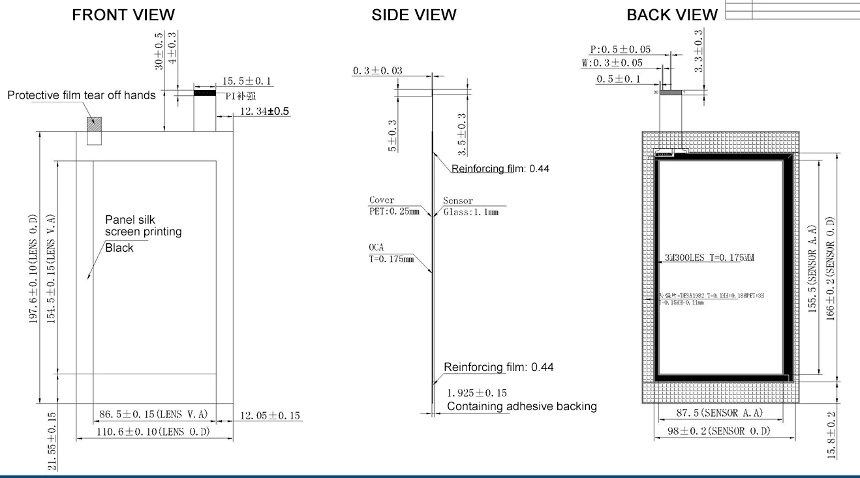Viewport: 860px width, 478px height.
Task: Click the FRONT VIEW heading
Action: [x=123, y=14]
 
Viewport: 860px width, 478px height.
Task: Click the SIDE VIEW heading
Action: [x=414, y=14]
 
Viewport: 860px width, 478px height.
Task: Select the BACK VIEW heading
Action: [x=672, y=14]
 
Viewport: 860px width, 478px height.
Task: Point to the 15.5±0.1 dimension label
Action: [x=247, y=82]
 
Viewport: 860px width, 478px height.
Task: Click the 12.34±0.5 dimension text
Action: [x=264, y=112]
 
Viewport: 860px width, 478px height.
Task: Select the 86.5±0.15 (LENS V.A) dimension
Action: [x=153, y=414]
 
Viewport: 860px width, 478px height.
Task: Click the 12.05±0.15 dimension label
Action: [x=270, y=415]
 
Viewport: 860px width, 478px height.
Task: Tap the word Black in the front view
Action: [x=119, y=248]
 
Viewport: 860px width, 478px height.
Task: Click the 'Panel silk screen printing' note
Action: [x=143, y=226]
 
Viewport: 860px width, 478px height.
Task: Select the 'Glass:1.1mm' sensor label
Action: [x=470, y=213]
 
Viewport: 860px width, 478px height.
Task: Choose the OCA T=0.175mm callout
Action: [x=391, y=254]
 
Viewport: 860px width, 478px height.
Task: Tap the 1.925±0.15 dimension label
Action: [x=477, y=393]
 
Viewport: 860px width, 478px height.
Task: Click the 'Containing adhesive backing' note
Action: [x=521, y=406]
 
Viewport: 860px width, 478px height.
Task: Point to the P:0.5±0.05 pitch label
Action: [x=620, y=50]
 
